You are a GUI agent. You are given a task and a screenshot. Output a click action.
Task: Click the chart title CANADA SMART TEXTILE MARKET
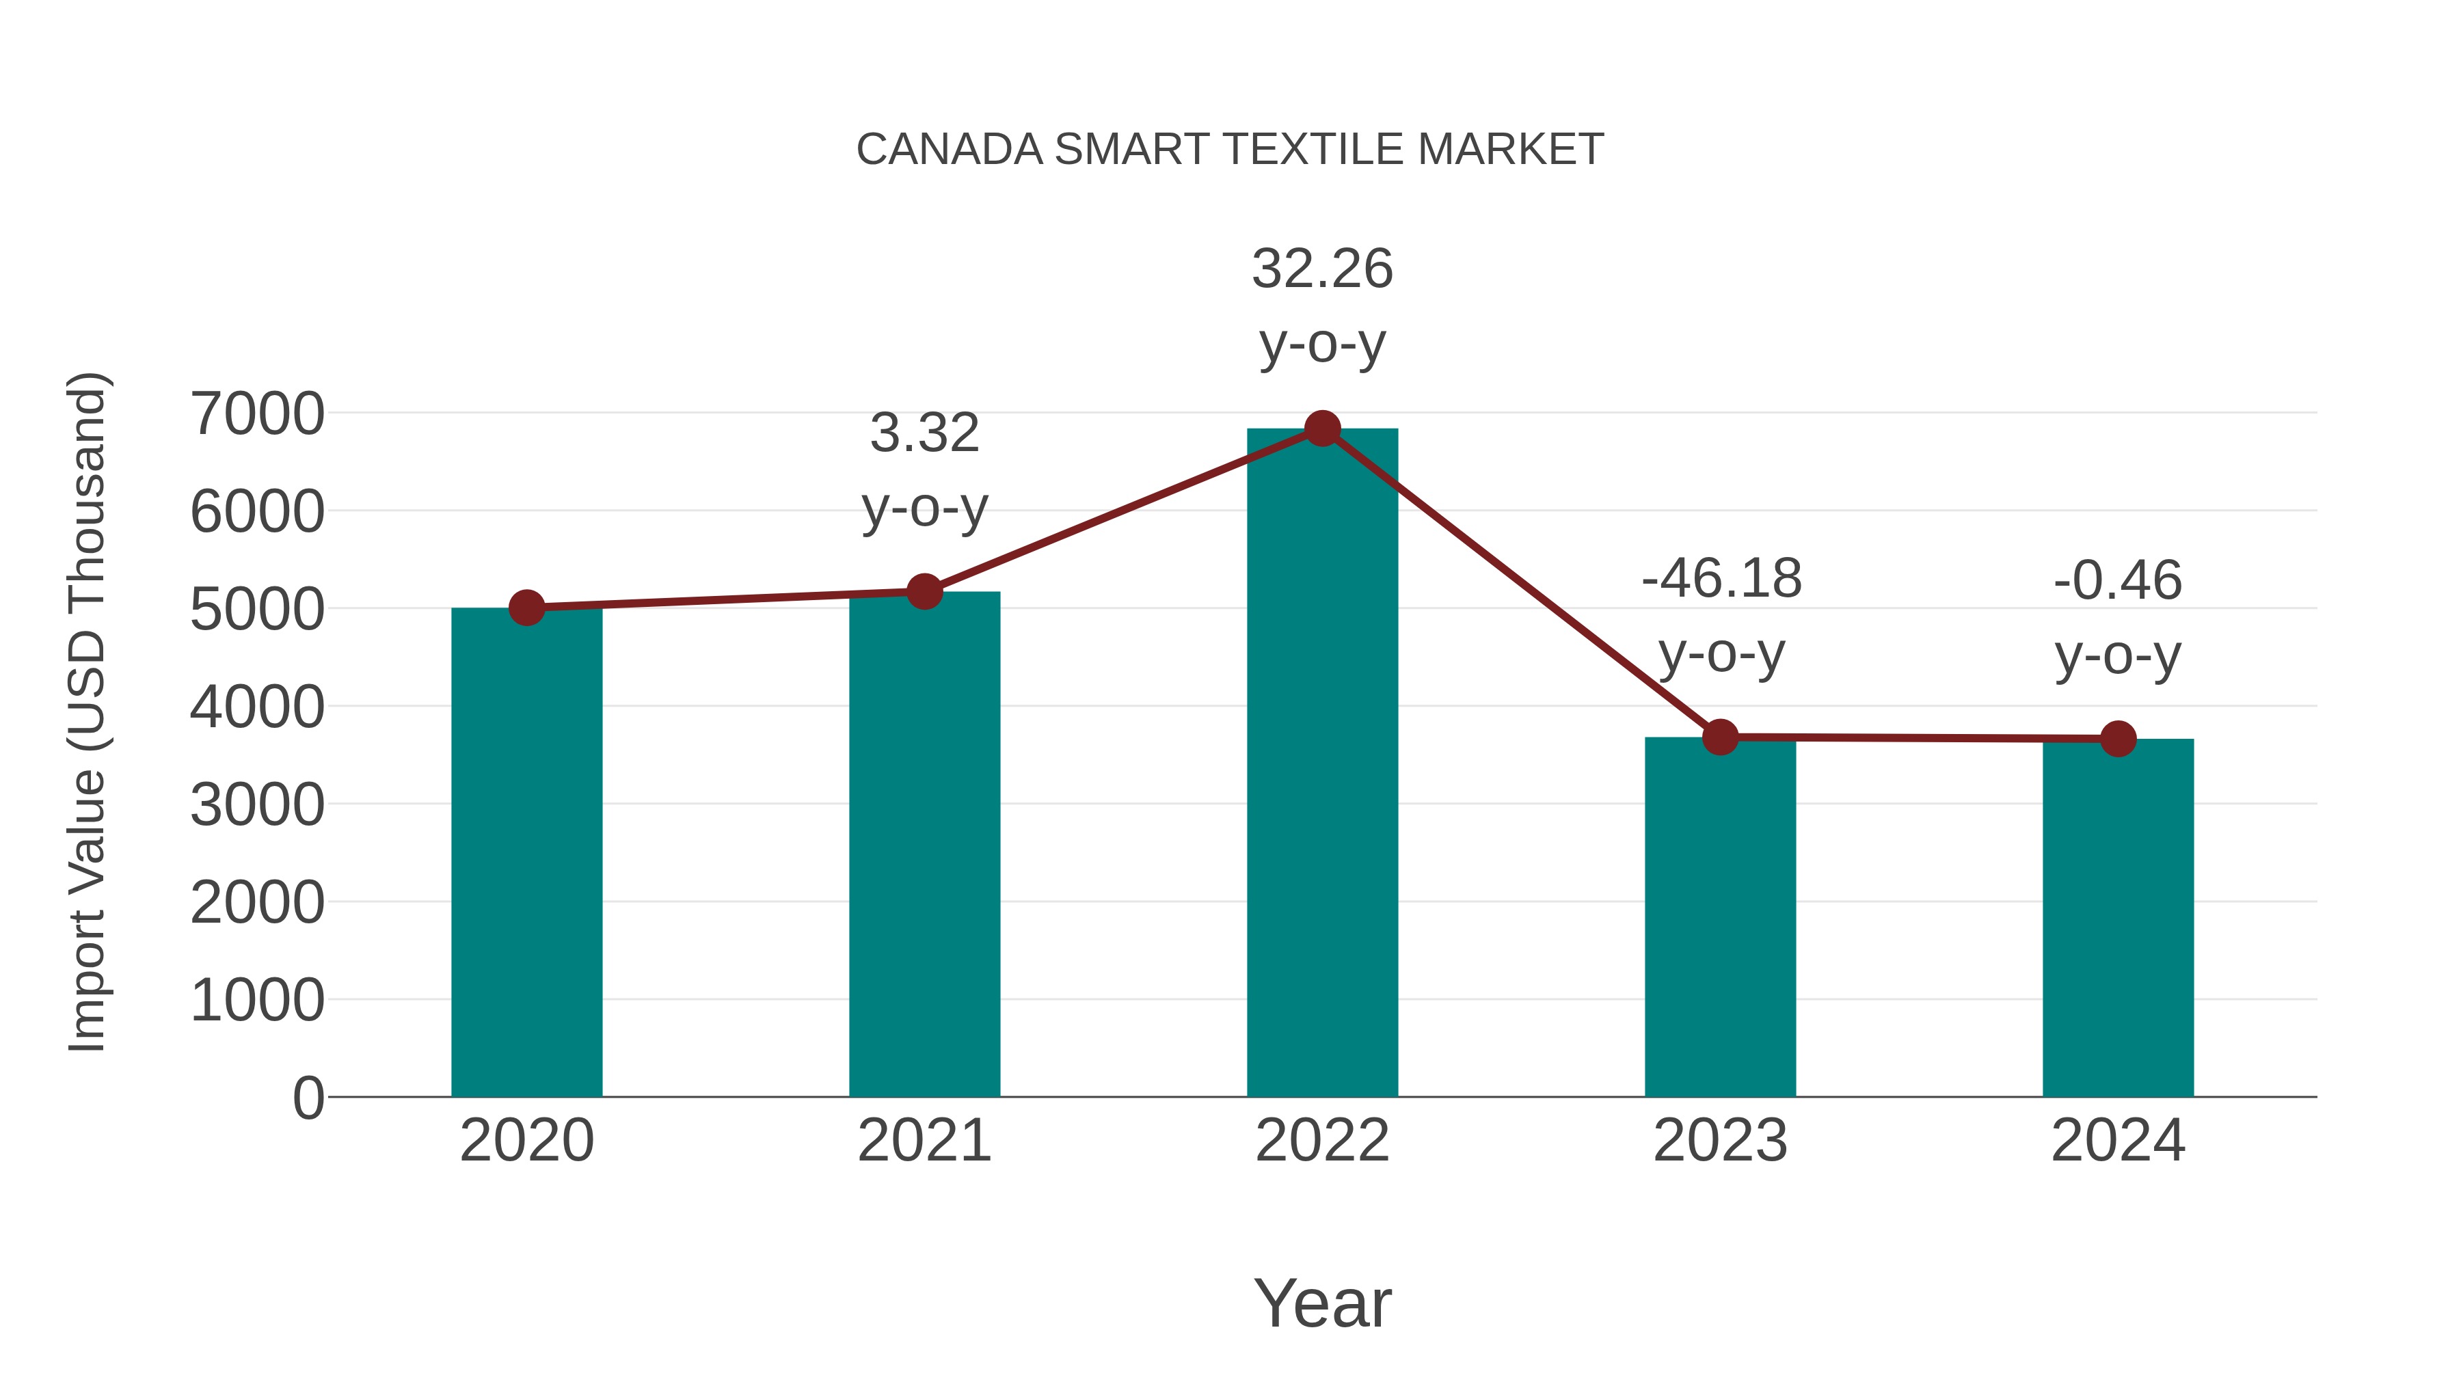click(1230, 150)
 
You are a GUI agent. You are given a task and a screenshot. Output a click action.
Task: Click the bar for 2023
click(1720, 917)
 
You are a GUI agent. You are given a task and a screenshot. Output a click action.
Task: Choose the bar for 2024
click(2118, 918)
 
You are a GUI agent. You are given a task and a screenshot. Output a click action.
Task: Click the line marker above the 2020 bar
click(526, 608)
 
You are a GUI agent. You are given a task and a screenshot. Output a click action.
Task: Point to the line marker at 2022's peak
click(1322, 429)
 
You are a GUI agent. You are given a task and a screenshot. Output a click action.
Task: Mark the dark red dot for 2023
click(1720, 737)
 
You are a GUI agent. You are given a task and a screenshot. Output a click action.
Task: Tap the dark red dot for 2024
click(2118, 738)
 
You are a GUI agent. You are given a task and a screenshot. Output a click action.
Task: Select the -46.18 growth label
click(1721, 580)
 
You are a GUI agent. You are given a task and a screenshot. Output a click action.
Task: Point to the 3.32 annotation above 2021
click(924, 433)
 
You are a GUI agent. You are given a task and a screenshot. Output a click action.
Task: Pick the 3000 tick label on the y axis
click(257, 804)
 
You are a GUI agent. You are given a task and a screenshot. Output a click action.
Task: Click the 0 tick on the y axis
click(308, 1098)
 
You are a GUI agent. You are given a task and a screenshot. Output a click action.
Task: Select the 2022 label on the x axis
click(1322, 1141)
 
